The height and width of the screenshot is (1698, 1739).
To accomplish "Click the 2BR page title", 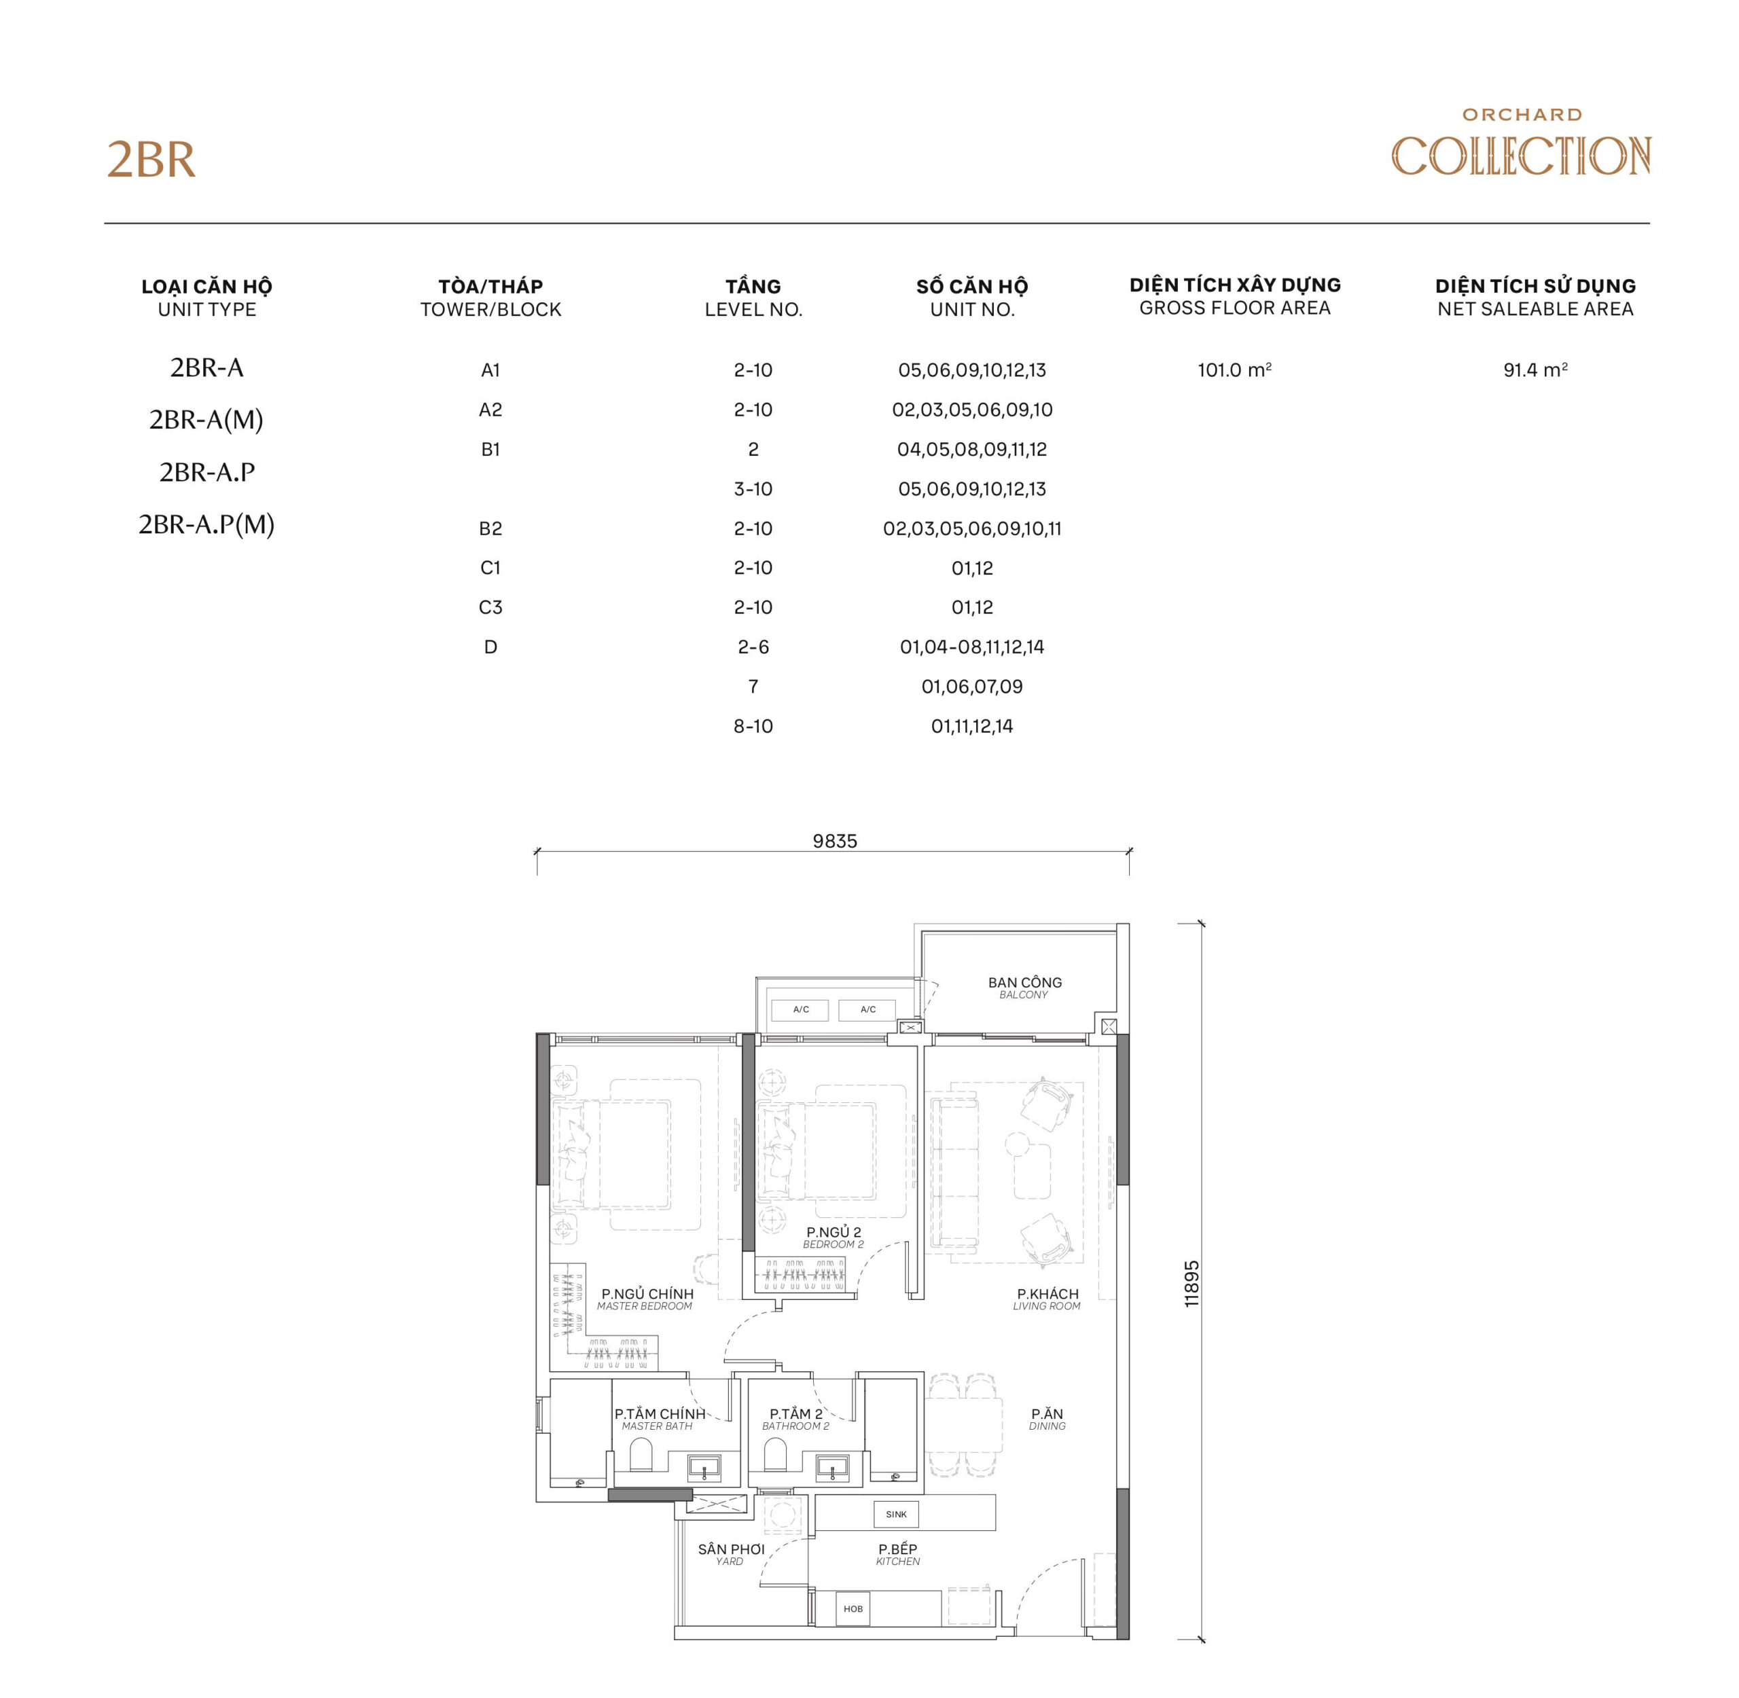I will pyautogui.click(x=151, y=160).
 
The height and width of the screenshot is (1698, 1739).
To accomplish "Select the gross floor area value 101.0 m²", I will pyautogui.click(x=1234, y=370).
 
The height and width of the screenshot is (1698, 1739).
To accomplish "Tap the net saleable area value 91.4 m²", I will pyautogui.click(x=1534, y=370).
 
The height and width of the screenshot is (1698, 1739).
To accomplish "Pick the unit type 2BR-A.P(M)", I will pyautogui.click(x=206, y=524).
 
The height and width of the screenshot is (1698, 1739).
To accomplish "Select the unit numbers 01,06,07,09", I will pyautogui.click(x=971, y=687).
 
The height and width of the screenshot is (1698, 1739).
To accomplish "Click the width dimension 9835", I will pyautogui.click(x=833, y=841).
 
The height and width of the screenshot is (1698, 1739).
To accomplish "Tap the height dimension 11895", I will pyautogui.click(x=1191, y=1283).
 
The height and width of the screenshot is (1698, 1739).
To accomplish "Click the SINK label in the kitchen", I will pyautogui.click(x=895, y=1513).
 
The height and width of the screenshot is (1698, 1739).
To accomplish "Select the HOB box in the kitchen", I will pyautogui.click(x=853, y=1608).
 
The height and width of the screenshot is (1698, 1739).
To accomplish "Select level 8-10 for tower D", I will pyautogui.click(x=753, y=726).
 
